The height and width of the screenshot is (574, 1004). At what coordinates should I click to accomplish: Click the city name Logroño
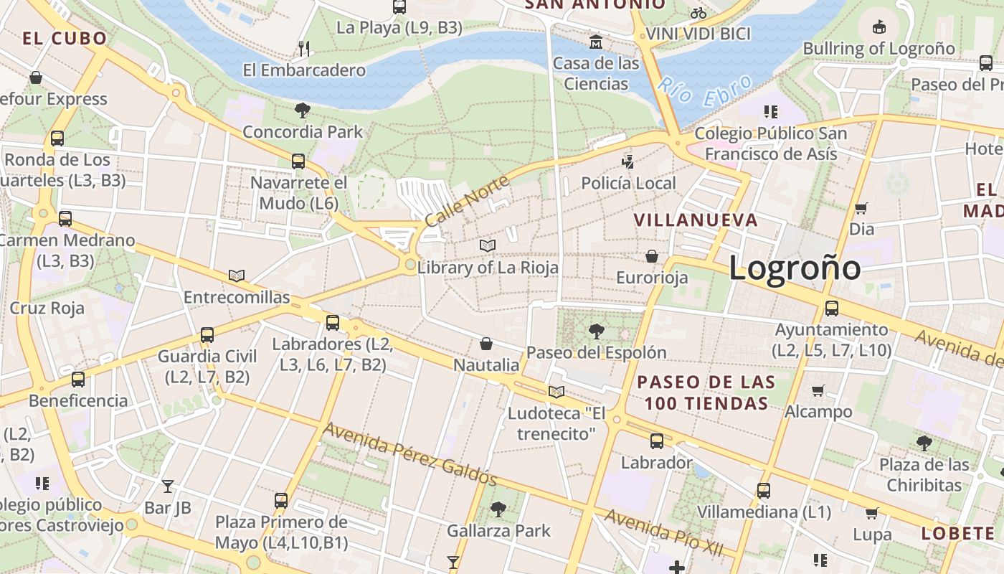click(795, 268)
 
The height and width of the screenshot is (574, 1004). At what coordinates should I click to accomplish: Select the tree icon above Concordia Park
click(303, 110)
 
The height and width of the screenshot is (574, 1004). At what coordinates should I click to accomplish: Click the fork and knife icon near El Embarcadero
click(304, 49)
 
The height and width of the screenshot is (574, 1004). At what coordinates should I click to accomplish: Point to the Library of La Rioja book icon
click(488, 246)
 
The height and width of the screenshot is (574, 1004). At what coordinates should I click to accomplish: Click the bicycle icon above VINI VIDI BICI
click(698, 12)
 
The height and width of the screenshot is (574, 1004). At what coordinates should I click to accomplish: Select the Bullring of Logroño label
click(879, 49)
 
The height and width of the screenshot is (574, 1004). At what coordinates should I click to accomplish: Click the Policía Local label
click(628, 183)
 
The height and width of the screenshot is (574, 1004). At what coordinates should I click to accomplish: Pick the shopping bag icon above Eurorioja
click(652, 256)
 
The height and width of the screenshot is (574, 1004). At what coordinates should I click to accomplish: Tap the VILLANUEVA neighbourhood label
click(696, 220)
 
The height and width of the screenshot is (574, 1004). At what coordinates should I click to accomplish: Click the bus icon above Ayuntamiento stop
click(831, 309)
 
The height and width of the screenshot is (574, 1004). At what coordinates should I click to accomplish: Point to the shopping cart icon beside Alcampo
click(818, 390)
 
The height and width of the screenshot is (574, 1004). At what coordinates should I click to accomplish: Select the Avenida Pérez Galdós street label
click(409, 453)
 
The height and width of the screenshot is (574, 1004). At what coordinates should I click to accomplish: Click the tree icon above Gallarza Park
click(498, 509)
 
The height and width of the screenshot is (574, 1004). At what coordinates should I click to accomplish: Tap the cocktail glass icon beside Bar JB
click(167, 486)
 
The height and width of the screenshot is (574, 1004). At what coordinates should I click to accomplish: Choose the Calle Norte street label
click(467, 200)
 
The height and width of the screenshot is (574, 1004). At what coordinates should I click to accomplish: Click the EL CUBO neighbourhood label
click(65, 38)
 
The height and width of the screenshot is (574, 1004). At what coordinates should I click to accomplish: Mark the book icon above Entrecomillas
click(237, 276)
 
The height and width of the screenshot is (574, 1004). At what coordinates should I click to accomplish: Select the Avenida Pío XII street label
click(663, 532)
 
